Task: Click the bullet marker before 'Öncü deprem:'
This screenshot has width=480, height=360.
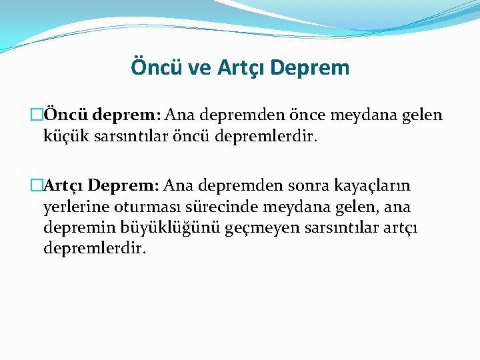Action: tap(37, 115)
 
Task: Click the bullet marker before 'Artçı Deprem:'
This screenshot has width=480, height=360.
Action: tap(37, 184)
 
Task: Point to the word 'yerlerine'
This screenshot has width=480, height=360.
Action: tap(75, 207)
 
